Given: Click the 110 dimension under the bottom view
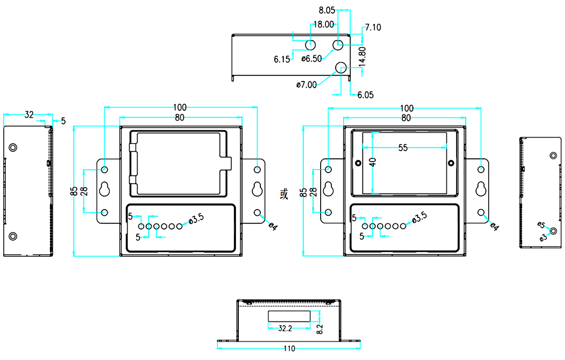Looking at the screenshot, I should pos(289,349).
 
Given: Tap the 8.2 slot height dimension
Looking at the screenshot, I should pos(320,328).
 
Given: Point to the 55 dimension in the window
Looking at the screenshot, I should pos(403,147).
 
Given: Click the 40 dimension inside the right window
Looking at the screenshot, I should pos(372,163).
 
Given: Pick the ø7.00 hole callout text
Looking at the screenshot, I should pos(307,85).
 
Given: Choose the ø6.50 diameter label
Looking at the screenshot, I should pos(312,58).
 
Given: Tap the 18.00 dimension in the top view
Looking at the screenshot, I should pos(323,25).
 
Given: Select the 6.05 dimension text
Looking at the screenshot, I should pos(365,95).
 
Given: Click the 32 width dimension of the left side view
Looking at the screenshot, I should pos(29,115).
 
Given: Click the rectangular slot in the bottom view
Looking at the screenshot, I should pos(289,316).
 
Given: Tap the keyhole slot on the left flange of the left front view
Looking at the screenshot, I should pos(105,189).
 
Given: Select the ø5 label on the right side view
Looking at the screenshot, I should pos(541,225).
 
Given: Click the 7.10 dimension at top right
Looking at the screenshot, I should pos(373,27).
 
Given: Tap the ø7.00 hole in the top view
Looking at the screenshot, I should pos(341,67).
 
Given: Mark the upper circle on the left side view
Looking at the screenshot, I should pos(13,147).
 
